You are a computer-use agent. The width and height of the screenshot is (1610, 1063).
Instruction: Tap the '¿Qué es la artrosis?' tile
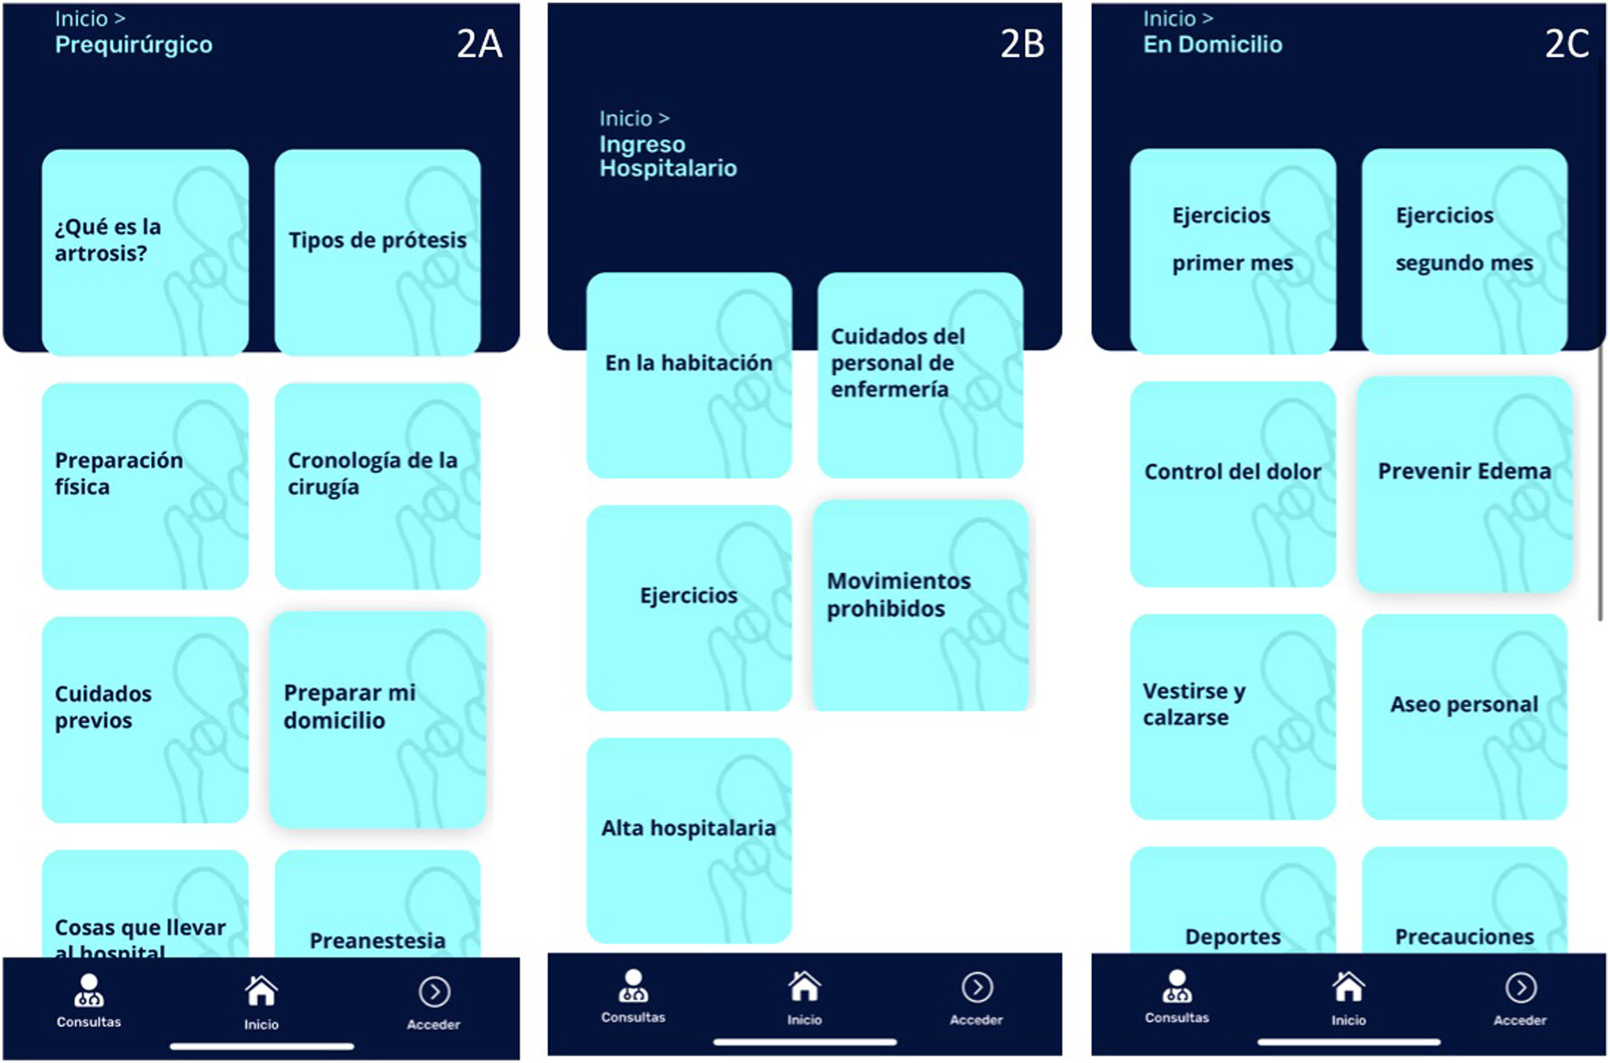pyautogui.click(x=145, y=252)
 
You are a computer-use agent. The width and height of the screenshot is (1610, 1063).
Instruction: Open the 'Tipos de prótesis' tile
pyautogui.click(x=377, y=252)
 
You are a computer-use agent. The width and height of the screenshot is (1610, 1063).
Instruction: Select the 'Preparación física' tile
pyautogui.click(x=145, y=486)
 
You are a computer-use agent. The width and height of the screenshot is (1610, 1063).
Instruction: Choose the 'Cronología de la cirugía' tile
pyautogui.click(x=377, y=486)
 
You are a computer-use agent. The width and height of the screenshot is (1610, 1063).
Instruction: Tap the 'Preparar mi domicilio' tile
pyautogui.click(x=377, y=720)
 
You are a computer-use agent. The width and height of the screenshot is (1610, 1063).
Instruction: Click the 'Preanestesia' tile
pyautogui.click(x=377, y=904)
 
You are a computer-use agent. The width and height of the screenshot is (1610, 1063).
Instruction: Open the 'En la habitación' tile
pyautogui.click(x=689, y=376)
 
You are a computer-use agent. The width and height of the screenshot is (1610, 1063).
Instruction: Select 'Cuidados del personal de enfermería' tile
pyautogui.click(x=920, y=376)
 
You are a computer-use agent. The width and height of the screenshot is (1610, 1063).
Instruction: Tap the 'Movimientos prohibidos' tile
pyautogui.click(x=921, y=605)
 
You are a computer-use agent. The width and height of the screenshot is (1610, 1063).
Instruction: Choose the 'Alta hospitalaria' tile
pyautogui.click(x=689, y=841)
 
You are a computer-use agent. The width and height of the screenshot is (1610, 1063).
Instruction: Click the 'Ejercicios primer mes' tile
pyautogui.click(x=1233, y=252)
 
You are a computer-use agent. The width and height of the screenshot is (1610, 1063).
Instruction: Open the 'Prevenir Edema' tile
pyautogui.click(x=1464, y=485)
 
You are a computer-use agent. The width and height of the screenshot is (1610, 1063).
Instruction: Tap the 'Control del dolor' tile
pyautogui.click(x=1233, y=484)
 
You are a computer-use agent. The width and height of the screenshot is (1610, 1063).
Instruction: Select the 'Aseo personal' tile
pyautogui.click(x=1464, y=717)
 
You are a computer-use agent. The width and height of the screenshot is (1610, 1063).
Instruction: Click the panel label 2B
pyautogui.click(x=1022, y=44)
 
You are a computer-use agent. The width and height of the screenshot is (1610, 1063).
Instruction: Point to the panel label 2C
pyautogui.click(x=1566, y=44)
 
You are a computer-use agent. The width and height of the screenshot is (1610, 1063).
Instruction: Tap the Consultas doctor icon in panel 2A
pyautogui.click(x=89, y=990)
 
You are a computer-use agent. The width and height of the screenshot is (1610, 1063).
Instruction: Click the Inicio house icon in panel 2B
pyautogui.click(x=804, y=986)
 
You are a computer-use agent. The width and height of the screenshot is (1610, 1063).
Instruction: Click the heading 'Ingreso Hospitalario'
pyautogui.click(x=668, y=156)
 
